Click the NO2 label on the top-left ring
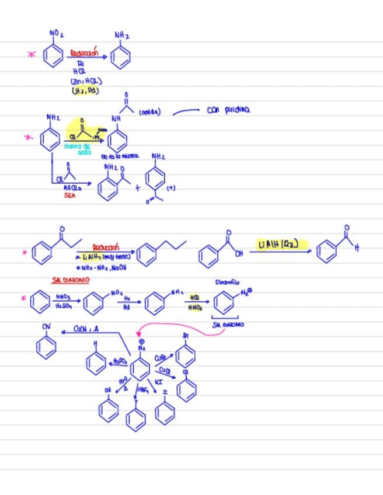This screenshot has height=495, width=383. click(57, 34)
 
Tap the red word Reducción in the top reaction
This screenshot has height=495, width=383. click(84, 53)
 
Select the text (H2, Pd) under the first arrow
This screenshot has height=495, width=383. click(85, 91)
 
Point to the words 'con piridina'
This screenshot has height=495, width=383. click(228, 109)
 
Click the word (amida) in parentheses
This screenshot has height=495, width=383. click(150, 111)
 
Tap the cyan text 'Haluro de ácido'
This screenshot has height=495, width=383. click(79, 149)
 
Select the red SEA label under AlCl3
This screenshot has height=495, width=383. click(70, 196)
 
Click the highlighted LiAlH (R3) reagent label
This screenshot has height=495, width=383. click(278, 244)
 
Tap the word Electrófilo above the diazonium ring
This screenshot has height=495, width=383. click(227, 282)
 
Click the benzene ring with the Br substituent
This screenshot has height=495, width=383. click(185, 355)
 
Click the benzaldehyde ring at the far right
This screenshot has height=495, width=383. click(328, 252)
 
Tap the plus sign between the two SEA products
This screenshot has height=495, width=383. click(138, 188)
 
